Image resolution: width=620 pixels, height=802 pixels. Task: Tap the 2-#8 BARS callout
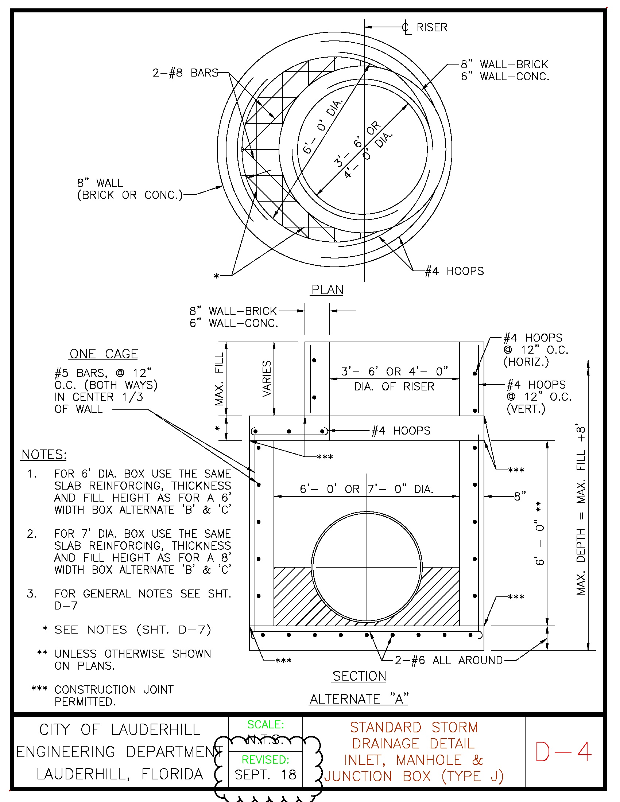pyautogui.click(x=186, y=73)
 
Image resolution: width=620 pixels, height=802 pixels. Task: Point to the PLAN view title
pyautogui.click(x=327, y=290)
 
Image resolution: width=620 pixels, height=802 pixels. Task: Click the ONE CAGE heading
pyautogui.click(x=104, y=354)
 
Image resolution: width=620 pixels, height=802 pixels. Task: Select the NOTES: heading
pyautogui.click(x=44, y=455)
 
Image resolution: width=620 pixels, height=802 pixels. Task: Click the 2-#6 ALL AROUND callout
pyautogui.click(x=449, y=660)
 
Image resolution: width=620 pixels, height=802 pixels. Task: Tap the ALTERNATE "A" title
pyautogui.click(x=359, y=698)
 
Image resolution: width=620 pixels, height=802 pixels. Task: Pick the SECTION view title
pyautogui.click(x=359, y=676)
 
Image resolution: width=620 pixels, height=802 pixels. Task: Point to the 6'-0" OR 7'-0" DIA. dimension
pyautogui.click(x=367, y=489)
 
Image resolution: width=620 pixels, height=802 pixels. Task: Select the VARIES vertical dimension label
pyautogui.click(x=267, y=379)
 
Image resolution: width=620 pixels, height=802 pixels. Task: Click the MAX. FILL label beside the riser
pyautogui.click(x=219, y=379)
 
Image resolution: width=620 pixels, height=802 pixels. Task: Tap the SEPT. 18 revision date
pyautogui.click(x=265, y=774)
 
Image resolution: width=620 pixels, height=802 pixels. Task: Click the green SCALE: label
pyautogui.click(x=266, y=724)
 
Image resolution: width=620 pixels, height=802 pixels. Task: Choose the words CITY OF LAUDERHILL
pyautogui.click(x=120, y=730)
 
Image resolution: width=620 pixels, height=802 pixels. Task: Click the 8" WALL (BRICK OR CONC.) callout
pyautogui.click(x=130, y=189)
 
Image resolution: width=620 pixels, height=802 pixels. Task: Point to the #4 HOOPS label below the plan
pyautogui.click(x=454, y=271)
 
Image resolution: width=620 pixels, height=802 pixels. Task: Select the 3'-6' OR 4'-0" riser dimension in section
pyautogui.click(x=395, y=371)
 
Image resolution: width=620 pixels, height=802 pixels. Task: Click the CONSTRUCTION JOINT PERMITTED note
pyautogui.click(x=114, y=696)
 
